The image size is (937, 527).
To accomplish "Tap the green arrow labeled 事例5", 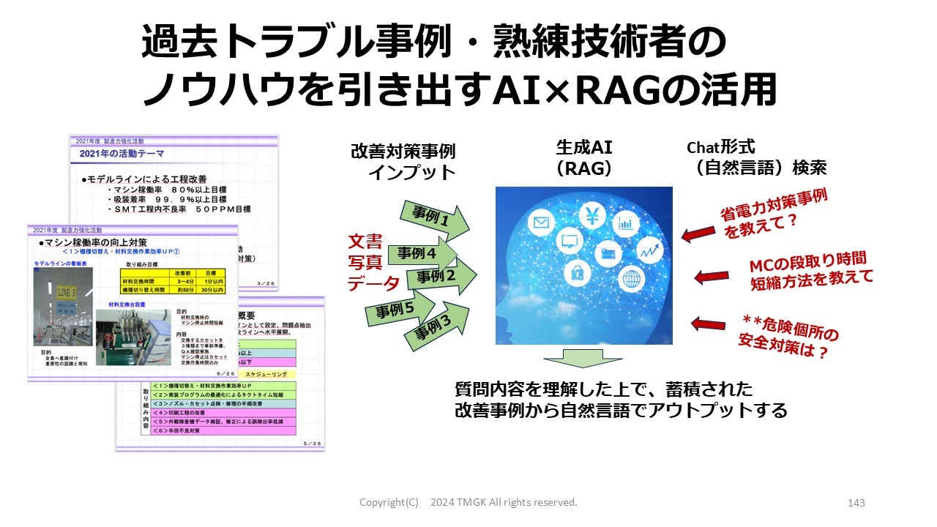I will click(x=398, y=310).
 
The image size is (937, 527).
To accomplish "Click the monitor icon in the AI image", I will click(x=569, y=241).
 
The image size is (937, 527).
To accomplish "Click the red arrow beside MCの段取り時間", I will click(x=709, y=277).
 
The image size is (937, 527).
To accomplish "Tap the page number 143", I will click(x=856, y=503).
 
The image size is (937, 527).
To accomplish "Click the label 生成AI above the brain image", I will click(x=584, y=146).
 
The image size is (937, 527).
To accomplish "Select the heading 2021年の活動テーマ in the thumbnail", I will click(x=122, y=154).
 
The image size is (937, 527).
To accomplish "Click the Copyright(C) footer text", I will click(x=389, y=502).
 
